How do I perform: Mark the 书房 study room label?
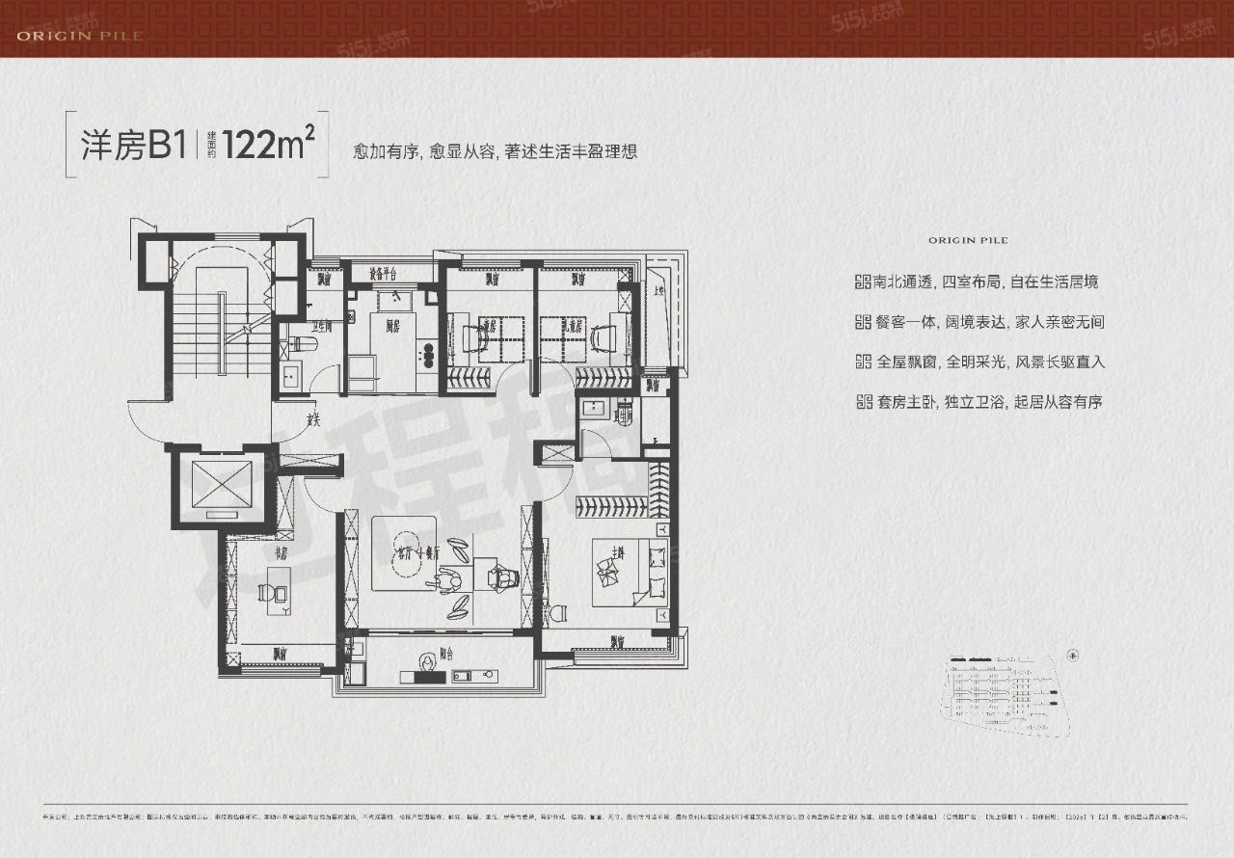(x=282, y=553)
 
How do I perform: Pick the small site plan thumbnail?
(x=1003, y=694)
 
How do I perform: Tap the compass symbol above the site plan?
(x=1073, y=653)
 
